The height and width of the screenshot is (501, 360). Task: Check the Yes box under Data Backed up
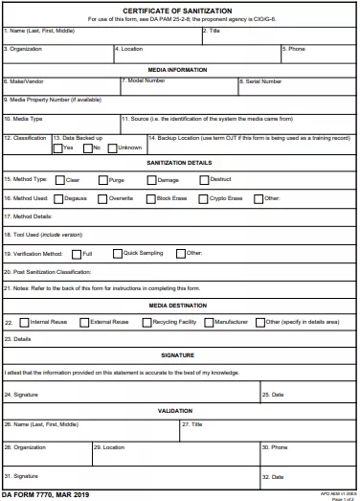(58, 148)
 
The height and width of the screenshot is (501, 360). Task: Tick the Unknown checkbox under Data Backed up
(111, 148)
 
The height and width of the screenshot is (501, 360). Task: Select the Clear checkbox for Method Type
(60, 179)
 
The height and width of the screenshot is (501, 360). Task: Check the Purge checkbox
(101, 179)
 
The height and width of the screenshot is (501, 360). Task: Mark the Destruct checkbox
(204, 179)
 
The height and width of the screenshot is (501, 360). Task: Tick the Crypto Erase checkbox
(204, 199)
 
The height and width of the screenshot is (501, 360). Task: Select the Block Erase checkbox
(150, 199)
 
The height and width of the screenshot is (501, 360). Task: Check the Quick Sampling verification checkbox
(117, 254)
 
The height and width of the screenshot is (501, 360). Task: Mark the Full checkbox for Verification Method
(76, 254)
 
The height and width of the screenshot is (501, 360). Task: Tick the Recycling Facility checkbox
(146, 323)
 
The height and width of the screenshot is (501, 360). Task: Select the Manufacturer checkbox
(210, 323)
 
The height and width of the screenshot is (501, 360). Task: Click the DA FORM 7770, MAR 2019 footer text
(45, 494)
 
